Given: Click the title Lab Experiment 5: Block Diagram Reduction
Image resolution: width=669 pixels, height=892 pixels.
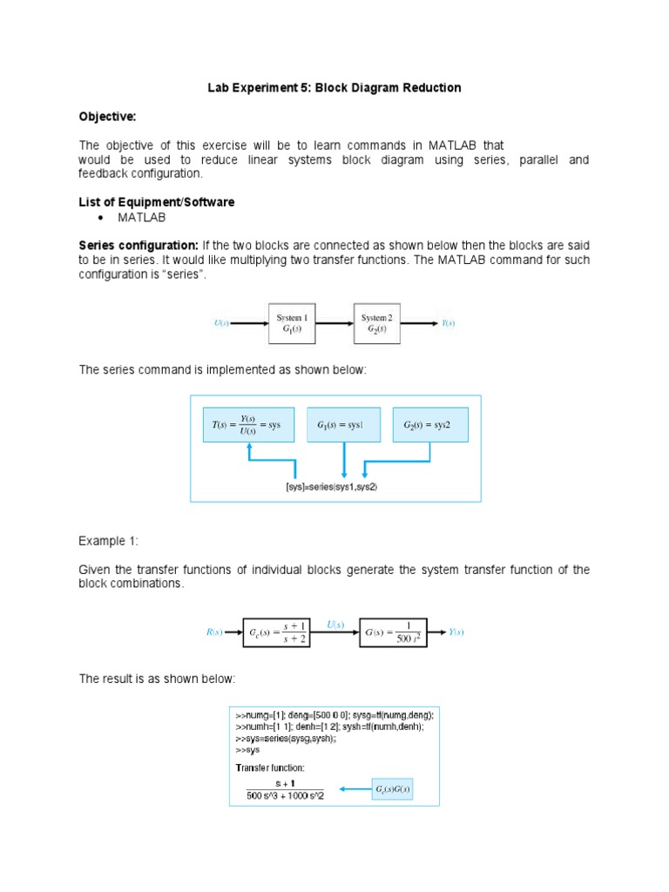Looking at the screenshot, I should pyautogui.click(x=334, y=88).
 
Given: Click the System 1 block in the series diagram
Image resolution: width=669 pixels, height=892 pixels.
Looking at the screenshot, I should pyautogui.click(x=291, y=323).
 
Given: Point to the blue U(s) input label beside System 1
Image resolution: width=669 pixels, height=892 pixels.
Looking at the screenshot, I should pyautogui.click(x=221, y=323).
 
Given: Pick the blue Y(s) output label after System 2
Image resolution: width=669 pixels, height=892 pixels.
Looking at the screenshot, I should pyautogui.click(x=448, y=323).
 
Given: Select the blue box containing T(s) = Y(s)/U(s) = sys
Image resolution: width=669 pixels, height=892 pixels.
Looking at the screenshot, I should pyautogui.click(x=248, y=424).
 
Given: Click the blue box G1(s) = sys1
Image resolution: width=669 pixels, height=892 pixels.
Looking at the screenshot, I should pyautogui.click(x=344, y=424).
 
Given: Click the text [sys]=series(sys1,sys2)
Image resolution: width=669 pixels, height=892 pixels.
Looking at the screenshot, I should pyautogui.click(x=332, y=487).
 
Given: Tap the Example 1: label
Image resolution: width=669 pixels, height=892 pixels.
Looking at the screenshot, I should pyautogui.click(x=108, y=541).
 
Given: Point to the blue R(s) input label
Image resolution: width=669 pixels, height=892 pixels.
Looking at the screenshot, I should pyautogui.click(x=214, y=632).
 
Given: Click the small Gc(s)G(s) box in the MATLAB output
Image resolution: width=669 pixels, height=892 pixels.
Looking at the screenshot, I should pyautogui.click(x=392, y=789).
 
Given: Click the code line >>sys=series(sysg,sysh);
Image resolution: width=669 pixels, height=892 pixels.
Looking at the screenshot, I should pyautogui.click(x=287, y=738).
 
